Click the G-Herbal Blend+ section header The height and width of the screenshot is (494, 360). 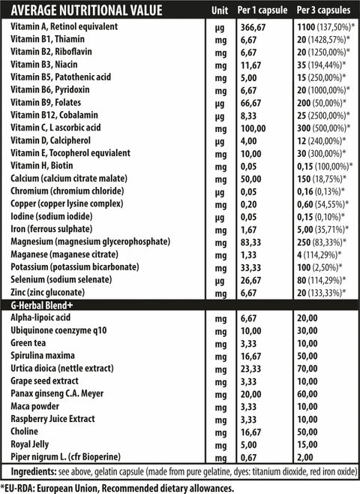pos(45,306)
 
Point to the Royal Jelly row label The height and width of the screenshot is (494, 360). pos(32,445)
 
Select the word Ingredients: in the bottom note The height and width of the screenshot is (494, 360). pos(34,471)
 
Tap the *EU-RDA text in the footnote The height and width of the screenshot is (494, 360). pos(23,486)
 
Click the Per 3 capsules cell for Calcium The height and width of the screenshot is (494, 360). pos(322,178)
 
